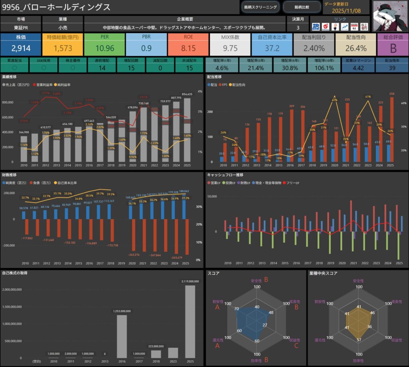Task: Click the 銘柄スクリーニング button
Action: pyautogui.click(x=260, y=7)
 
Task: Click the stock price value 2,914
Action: pyautogui.click(x=21, y=48)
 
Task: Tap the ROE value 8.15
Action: pyautogui.click(x=189, y=48)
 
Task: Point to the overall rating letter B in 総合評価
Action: pyautogui.click(x=393, y=48)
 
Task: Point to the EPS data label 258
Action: pyautogui.click(x=392, y=94)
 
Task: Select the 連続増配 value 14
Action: pyautogui.click(x=102, y=68)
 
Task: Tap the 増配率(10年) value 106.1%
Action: pyautogui.click(x=322, y=68)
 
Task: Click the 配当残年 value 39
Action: pyautogui.click(x=391, y=68)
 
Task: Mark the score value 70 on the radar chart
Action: pyautogui.click(x=237, y=309)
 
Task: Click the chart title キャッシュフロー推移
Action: pyautogui.click(x=225, y=175)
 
